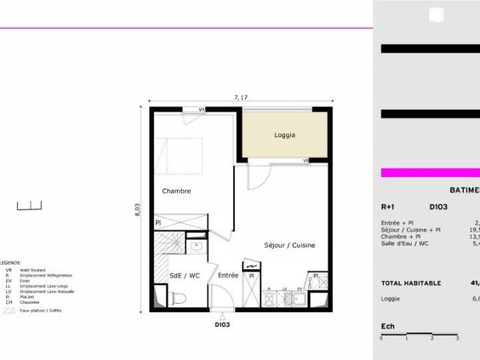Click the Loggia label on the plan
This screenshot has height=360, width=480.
[x=284, y=136]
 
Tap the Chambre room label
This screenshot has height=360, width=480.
[x=176, y=191]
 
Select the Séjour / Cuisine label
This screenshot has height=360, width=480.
[x=289, y=246]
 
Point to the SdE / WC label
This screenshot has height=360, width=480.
[x=184, y=276]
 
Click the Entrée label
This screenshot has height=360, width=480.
[x=228, y=276]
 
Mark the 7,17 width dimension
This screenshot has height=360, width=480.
[x=241, y=97]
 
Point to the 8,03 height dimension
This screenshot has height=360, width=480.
[x=138, y=210]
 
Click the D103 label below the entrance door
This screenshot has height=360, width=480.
[x=222, y=325]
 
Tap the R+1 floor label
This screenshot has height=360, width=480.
[x=388, y=207]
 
